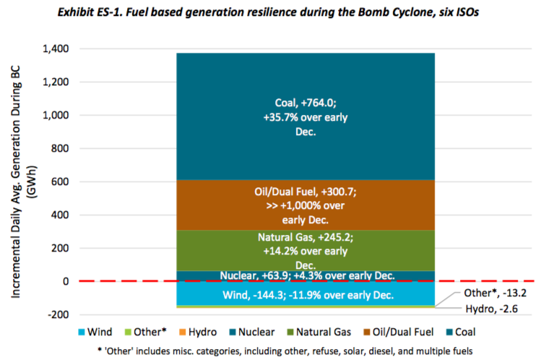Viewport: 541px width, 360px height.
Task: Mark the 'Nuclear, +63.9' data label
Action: coord(306,275)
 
